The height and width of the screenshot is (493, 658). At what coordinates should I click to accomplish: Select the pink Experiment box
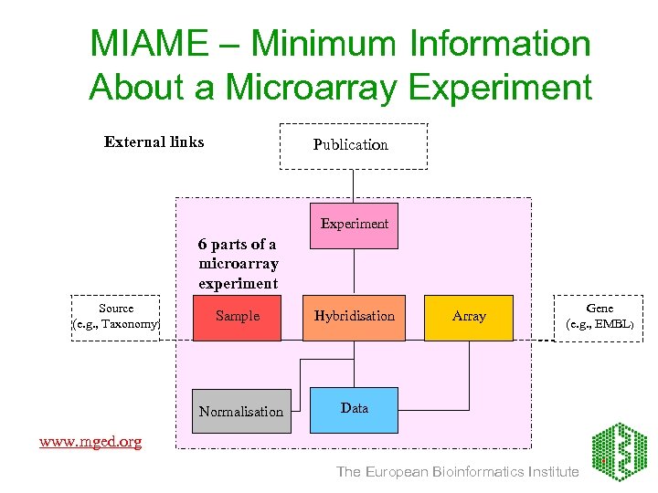tap(354, 225)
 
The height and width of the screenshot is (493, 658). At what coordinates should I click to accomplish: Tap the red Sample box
tap(237, 317)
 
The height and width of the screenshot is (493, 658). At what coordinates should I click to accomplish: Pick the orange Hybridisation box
tap(354, 317)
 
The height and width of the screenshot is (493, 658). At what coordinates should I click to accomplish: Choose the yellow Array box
tap(469, 317)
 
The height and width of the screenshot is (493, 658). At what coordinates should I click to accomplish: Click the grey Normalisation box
tap(241, 411)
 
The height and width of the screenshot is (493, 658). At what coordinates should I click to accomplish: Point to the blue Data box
tap(354, 408)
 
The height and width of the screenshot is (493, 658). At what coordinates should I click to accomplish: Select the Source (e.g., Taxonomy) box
tap(116, 317)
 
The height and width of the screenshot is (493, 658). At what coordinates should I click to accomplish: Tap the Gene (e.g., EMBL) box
tap(600, 317)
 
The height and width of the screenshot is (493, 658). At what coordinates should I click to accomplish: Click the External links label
tap(154, 142)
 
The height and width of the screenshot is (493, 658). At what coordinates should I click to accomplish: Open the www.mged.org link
tap(90, 442)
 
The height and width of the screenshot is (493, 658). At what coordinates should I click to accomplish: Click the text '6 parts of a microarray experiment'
tap(238, 264)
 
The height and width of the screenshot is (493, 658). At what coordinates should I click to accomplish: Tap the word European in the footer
tap(397, 472)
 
